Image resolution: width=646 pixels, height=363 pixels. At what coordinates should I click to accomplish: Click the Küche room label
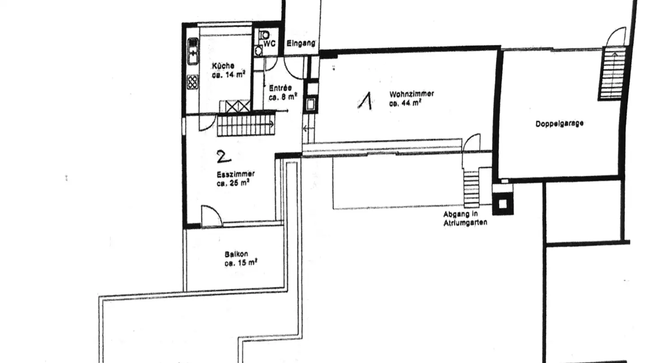(223, 66)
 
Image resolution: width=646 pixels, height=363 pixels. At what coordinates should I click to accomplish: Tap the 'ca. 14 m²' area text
(228, 75)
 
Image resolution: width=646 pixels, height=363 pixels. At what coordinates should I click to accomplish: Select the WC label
(269, 43)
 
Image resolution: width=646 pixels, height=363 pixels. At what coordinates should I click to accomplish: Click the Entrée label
(280, 88)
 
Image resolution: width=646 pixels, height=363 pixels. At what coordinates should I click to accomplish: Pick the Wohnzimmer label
(411, 94)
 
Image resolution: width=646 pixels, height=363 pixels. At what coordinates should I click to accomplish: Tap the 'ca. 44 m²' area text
(405, 103)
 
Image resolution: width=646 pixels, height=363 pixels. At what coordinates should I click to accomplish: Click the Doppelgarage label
(559, 123)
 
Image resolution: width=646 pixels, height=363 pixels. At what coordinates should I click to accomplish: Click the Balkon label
(236, 254)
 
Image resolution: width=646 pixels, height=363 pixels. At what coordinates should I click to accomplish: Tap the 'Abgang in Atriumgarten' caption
(465, 218)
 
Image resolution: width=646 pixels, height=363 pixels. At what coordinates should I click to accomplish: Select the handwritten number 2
(223, 156)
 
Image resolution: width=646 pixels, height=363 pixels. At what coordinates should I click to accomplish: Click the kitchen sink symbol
(192, 52)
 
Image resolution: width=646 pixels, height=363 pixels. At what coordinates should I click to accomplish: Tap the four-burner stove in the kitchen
(192, 82)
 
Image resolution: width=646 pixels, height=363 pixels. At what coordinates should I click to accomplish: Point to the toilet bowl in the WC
(265, 35)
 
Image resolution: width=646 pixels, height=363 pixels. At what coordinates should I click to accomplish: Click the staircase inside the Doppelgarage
(611, 74)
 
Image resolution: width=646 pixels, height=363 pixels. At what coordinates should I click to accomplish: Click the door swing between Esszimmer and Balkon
(211, 216)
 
